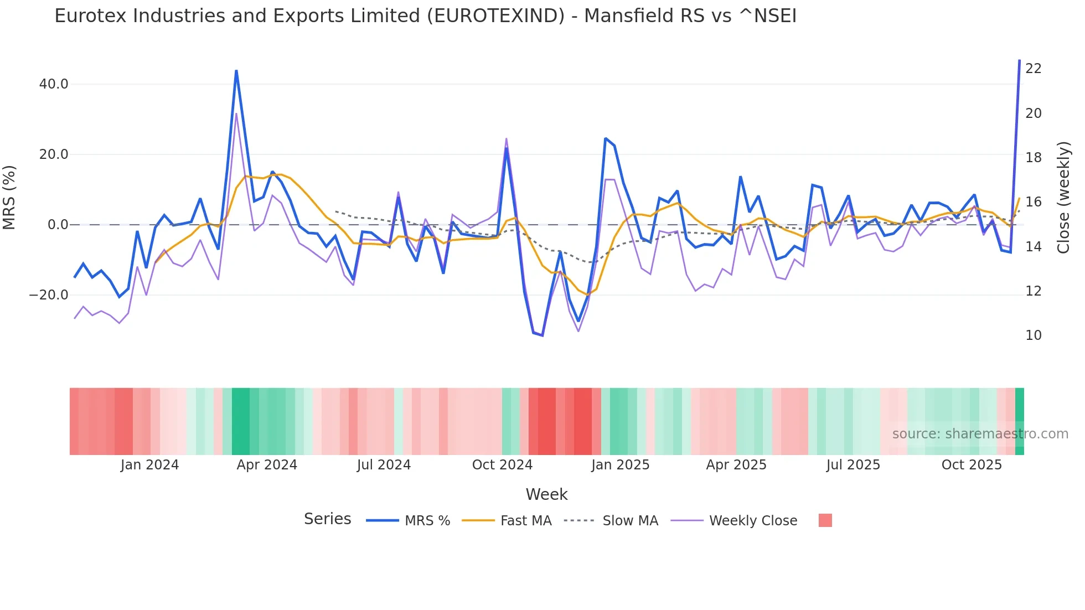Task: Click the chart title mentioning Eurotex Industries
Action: click(x=425, y=16)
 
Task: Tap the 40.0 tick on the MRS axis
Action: click(x=54, y=84)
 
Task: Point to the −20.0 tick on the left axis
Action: click(x=49, y=295)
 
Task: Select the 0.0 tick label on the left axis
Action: click(x=58, y=225)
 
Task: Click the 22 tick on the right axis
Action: click(x=1033, y=69)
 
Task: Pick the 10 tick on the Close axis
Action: click(x=1033, y=335)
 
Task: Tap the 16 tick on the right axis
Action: click(x=1033, y=202)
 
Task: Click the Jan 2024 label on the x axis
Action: click(x=149, y=465)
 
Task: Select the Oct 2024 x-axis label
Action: click(x=502, y=465)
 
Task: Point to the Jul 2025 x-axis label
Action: click(x=853, y=465)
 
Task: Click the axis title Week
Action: click(x=546, y=494)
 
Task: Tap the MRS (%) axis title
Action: click(x=9, y=198)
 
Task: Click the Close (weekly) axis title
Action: click(x=1063, y=198)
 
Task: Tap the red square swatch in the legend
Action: click(x=825, y=520)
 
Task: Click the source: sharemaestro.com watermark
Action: click(x=980, y=434)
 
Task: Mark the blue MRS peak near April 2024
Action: click(x=236, y=71)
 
